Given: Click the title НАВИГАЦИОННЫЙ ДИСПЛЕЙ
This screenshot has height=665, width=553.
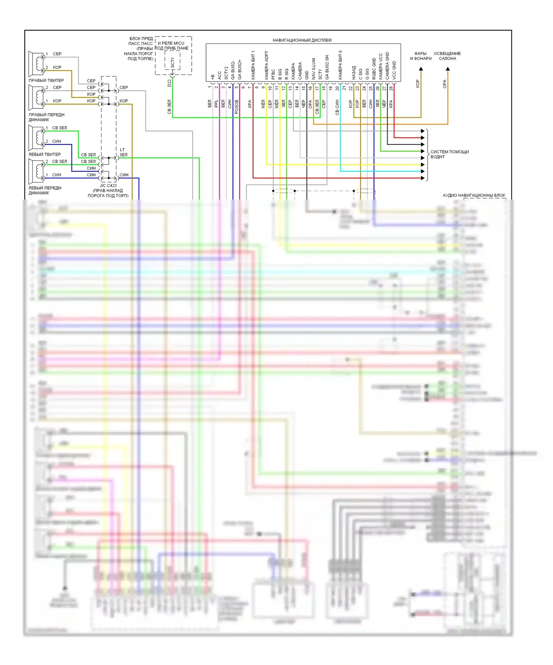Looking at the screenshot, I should click(x=302, y=40).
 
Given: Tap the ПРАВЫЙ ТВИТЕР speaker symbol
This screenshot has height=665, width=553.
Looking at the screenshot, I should click(x=36, y=63).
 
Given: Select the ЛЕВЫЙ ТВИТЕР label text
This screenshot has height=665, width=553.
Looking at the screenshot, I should click(x=45, y=154).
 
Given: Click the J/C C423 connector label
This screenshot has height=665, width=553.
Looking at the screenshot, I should click(x=108, y=186).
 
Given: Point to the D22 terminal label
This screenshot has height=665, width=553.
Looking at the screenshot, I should click(x=170, y=83).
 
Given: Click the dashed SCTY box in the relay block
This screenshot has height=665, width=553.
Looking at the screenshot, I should click(x=172, y=60).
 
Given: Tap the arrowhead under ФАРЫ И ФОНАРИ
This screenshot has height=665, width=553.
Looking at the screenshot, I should click(x=421, y=69).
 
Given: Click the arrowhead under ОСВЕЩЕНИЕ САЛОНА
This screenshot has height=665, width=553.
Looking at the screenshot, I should click(x=448, y=69).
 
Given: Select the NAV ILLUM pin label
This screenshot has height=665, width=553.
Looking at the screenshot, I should click(x=314, y=69).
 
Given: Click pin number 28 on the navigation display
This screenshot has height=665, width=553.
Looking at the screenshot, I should click(x=391, y=88).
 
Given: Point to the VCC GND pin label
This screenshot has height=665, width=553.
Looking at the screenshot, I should click(x=394, y=70).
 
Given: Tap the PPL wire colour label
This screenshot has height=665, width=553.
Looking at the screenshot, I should click(x=216, y=104).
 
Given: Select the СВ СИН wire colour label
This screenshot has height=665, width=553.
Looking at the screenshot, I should click(x=337, y=107).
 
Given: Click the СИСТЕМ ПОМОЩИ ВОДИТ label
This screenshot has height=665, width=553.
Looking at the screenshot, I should click(x=449, y=154).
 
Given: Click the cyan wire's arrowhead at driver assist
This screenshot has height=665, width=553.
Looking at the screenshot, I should click(x=422, y=172).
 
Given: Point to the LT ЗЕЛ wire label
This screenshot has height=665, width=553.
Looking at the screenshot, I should click(x=123, y=152).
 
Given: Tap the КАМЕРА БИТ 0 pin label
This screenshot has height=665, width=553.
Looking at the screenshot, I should click(x=340, y=65).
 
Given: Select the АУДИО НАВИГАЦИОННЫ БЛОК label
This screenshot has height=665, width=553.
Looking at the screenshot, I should click(x=474, y=195).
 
